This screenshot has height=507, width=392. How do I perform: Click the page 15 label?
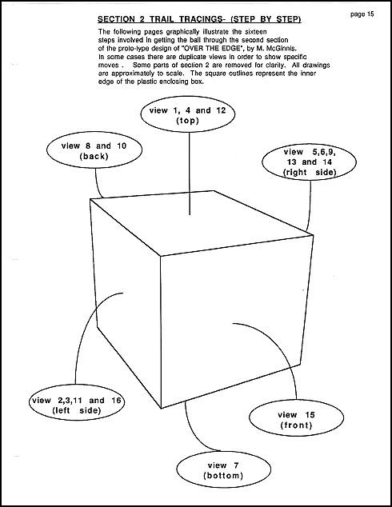(x=362, y=14)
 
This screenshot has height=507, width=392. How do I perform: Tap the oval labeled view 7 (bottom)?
(x=223, y=469)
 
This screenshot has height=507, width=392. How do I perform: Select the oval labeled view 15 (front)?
(x=296, y=419)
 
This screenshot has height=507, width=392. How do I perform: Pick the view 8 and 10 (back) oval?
(x=94, y=150)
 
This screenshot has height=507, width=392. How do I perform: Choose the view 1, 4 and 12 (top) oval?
(x=188, y=114)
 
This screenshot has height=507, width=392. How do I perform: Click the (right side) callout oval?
(x=310, y=162)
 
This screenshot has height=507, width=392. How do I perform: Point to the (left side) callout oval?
(x=77, y=405)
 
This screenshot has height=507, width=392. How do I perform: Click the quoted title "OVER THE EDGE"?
(x=214, y=49)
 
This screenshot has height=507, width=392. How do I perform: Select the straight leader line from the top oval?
(x=190, y=174)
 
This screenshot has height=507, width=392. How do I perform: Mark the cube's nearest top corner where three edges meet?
(x=161, y=257)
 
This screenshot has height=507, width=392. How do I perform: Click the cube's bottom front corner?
(x=161, y=408)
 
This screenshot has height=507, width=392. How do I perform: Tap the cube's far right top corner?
(x=313, y=234)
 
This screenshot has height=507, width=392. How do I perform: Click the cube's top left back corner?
(x=90, y=199)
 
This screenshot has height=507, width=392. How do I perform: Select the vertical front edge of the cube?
(x=161, y=333)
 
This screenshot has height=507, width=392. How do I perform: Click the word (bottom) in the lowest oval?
(x=223, y=476)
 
